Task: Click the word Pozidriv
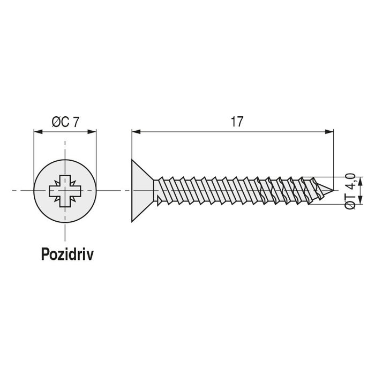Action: (67, 254)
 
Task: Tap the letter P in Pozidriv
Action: (45, 254)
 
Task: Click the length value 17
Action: (237, 121)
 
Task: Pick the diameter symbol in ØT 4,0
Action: (350, 204)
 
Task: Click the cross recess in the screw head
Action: (65, 190)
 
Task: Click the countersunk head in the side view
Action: (142, 190)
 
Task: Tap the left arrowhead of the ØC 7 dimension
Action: (37, 130)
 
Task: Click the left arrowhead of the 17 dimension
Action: (136, 130)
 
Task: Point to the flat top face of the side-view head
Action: (132, 190)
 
